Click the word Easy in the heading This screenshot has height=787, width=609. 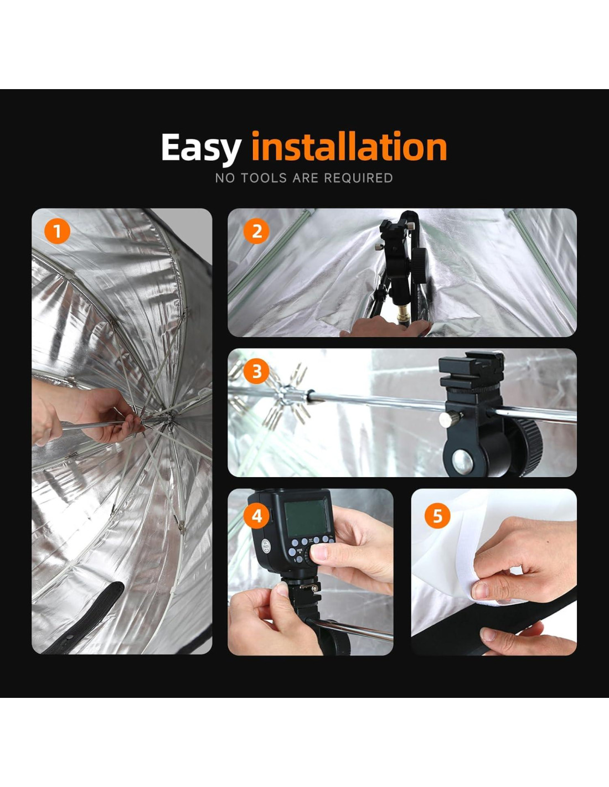point(201,147)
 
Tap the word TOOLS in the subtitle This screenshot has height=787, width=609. point(264,178)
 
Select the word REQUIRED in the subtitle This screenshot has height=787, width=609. point(358,178)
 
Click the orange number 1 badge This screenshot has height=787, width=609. point(57,232)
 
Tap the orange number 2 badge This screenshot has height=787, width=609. point(256,232)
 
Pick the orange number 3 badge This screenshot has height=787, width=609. point(256,371)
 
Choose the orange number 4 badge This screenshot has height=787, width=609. point(256,516)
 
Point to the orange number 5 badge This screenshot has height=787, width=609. point(437,516)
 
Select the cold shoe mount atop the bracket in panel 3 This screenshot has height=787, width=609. point(471,369)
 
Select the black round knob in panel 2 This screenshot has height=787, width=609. point(420,266)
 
